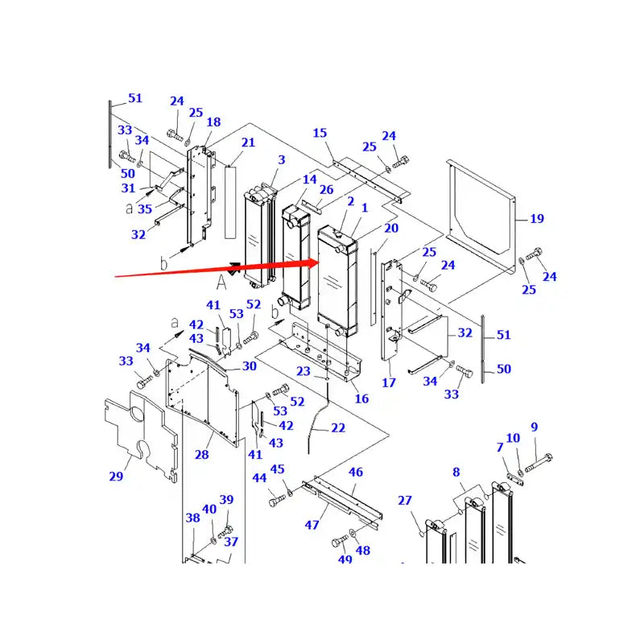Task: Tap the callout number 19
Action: (537, 218)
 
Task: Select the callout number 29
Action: (116, 477)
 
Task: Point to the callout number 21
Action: (248, 142)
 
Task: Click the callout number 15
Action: (320, 133)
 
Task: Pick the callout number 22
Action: (338, 428)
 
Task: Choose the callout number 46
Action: (355, 473)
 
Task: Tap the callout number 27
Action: (404, 501)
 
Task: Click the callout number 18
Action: (213, 122)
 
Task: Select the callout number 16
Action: (361, 398)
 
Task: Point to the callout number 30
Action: (249, 366)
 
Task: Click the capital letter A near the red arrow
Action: (221, 281)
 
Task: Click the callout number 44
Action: (260, 478)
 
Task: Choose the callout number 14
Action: (310, 180)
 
